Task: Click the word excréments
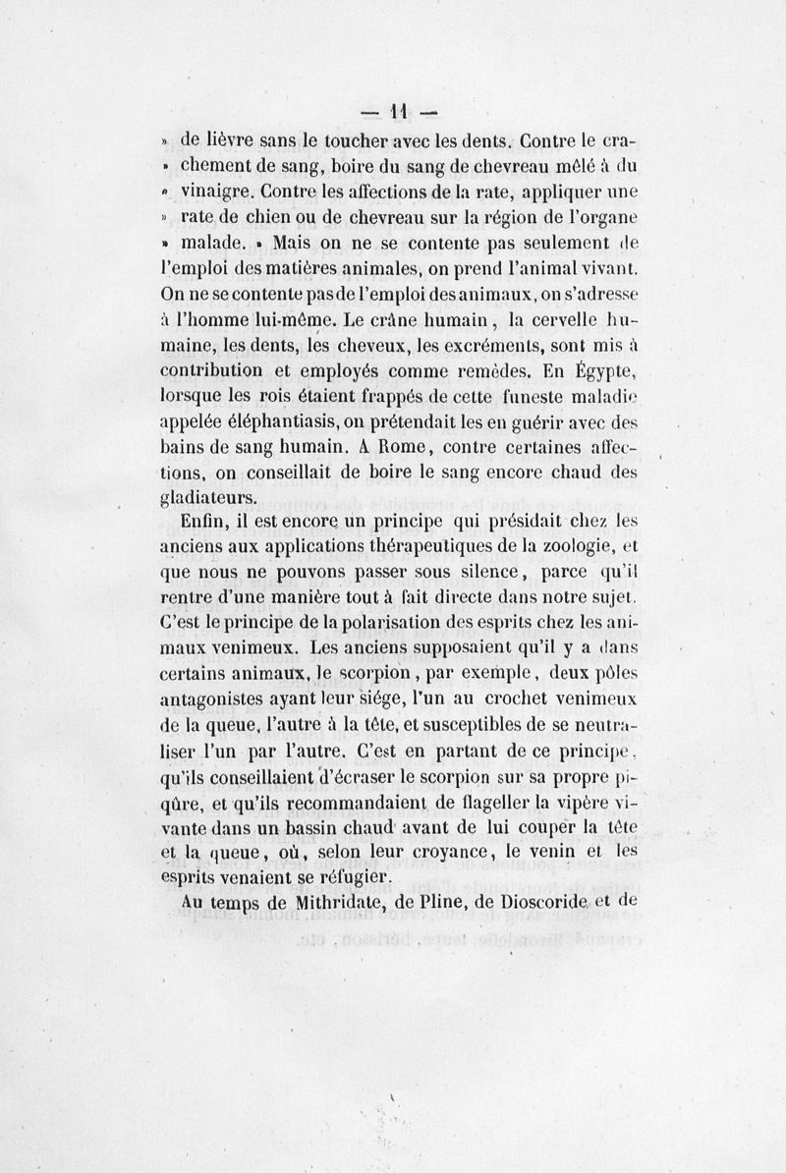point(476,345)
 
